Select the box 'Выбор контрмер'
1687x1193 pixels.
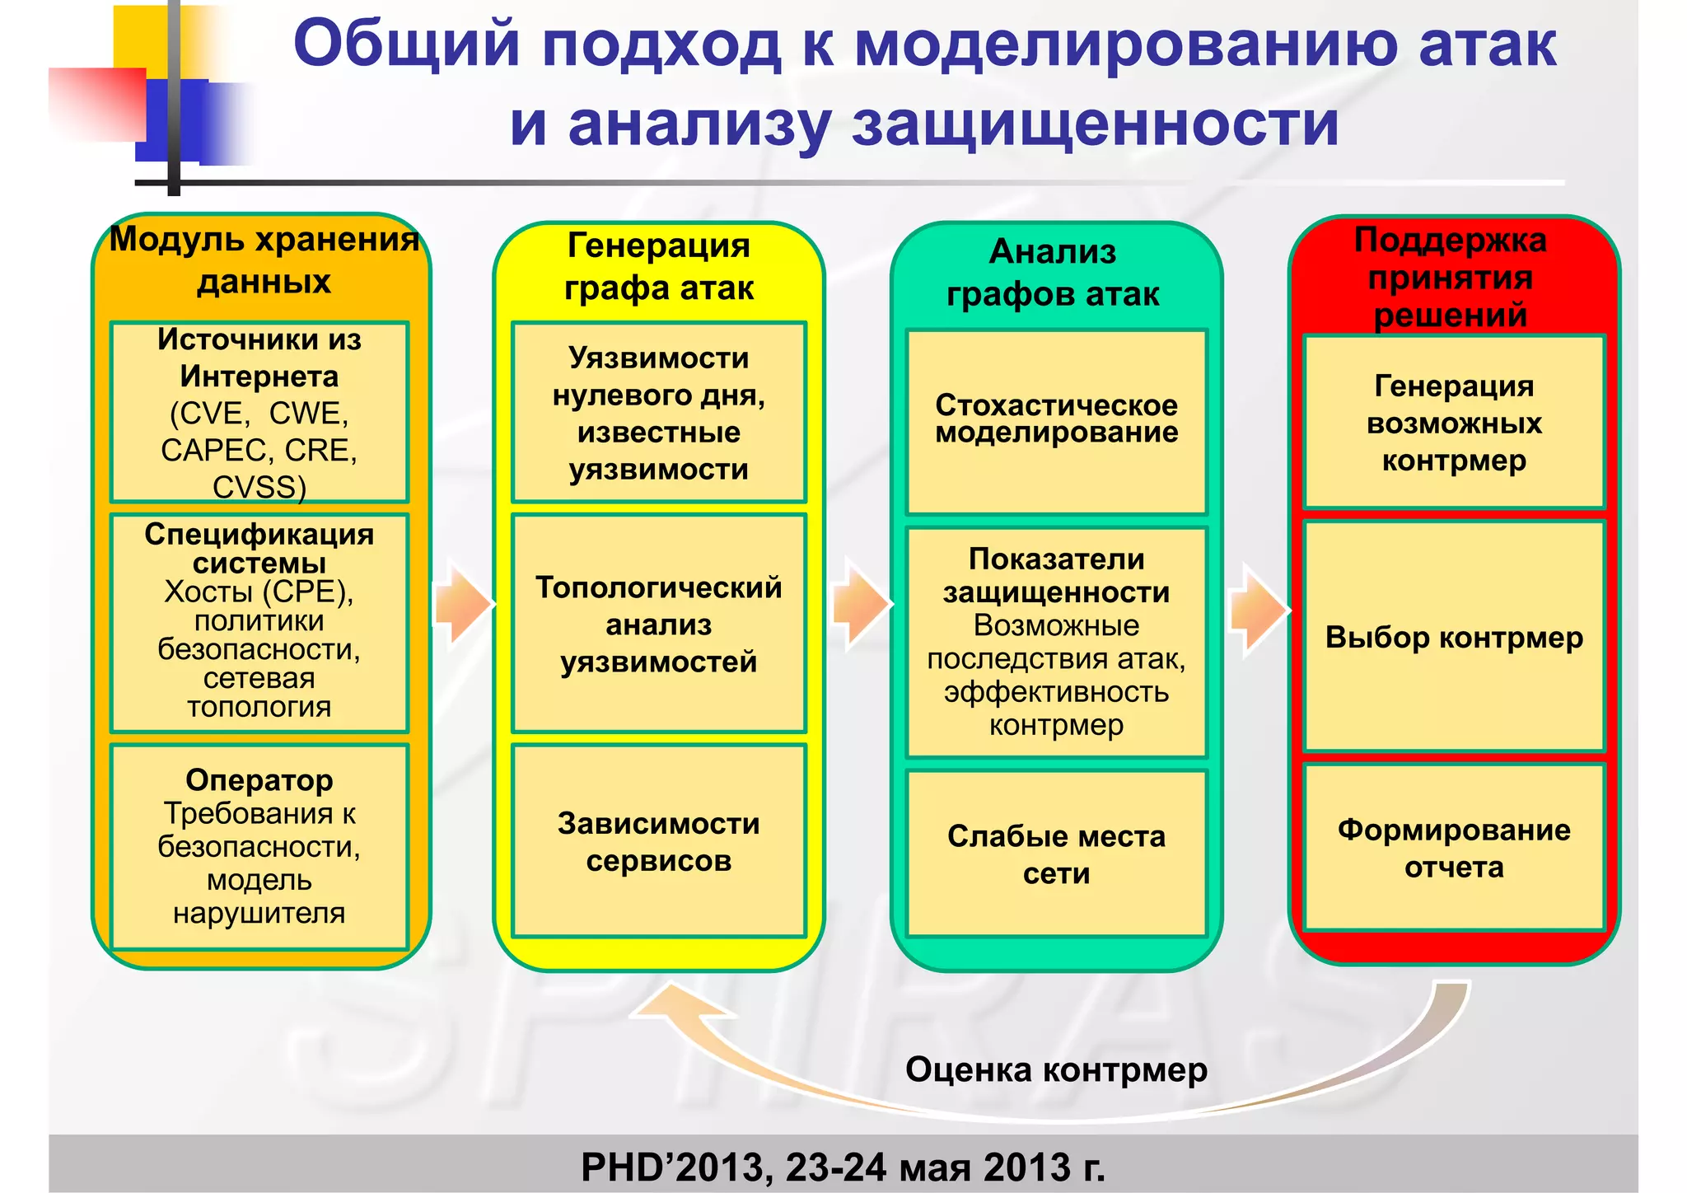click(1454, 637)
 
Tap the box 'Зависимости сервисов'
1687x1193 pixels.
click(658, 841)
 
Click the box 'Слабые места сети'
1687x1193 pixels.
click(1056, 854)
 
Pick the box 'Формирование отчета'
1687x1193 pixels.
click(1454, 848)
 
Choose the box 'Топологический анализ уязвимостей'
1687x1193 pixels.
click(658, 624)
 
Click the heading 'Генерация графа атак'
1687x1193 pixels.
click(658, 267)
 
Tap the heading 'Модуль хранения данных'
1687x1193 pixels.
click(264, 260)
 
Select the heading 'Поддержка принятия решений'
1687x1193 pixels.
click(1451, 278)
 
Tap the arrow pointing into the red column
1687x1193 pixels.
click(1257, 610)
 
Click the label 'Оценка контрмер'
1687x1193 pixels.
click(1056, 1070)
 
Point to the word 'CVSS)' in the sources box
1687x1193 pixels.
click(259, 487)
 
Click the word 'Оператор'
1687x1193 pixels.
click(259, 779)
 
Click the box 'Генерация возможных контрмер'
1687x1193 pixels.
click(1454, 423)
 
